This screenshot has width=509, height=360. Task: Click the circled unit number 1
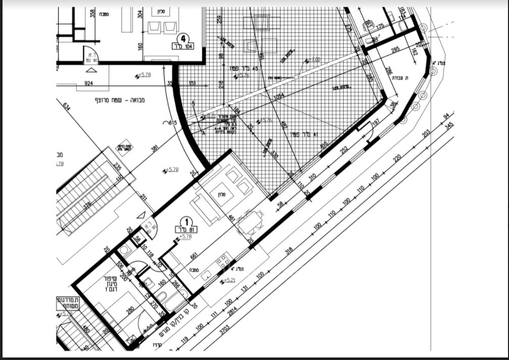187,221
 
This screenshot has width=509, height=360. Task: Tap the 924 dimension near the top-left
88,83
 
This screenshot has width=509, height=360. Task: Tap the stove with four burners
222,261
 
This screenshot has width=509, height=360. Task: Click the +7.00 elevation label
314,60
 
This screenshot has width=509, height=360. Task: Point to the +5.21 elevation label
228,281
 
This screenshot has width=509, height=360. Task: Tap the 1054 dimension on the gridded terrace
279,96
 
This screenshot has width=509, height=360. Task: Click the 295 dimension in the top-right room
395,49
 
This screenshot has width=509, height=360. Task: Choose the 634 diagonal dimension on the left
66,107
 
